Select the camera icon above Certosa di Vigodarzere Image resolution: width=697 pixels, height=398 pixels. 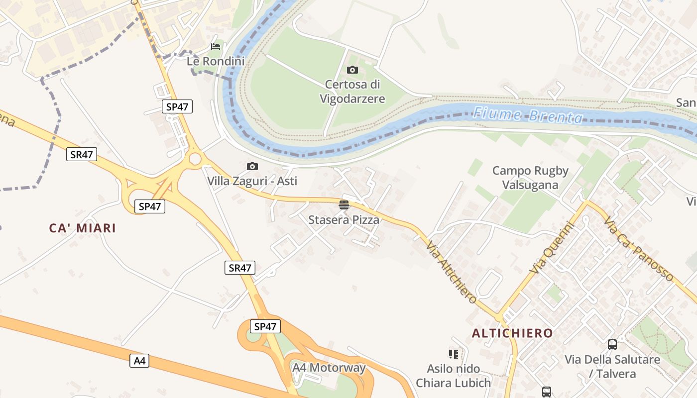(x=352, y=70)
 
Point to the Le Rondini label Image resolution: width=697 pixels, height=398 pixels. (x=216, y=61)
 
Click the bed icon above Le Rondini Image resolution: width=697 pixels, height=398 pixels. (x=216, y=47)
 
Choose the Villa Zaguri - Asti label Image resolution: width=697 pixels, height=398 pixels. (x=252, y=181)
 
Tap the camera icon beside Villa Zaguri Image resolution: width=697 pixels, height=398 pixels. (x=252, y=167)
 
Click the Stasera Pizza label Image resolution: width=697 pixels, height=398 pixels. (x=344, y=219)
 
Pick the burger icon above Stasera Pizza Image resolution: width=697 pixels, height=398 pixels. (x=344, y=204)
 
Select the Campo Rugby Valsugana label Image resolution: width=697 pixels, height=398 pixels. (x=530, y=178)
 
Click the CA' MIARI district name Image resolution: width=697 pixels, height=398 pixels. (x=82, y=228)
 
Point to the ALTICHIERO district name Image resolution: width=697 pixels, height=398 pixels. (x=512, y=333)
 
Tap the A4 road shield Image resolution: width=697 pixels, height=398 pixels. (x=139, y=361)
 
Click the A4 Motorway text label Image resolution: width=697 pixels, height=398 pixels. (x=329, y=368)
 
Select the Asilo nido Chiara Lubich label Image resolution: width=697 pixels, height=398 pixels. (x=453, y=376)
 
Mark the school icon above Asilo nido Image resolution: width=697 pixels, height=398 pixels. (x=453, y=354)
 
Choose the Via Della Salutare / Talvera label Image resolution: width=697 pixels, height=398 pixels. (x=612, y=366)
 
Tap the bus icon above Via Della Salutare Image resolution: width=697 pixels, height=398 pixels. (x=612, y=344)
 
